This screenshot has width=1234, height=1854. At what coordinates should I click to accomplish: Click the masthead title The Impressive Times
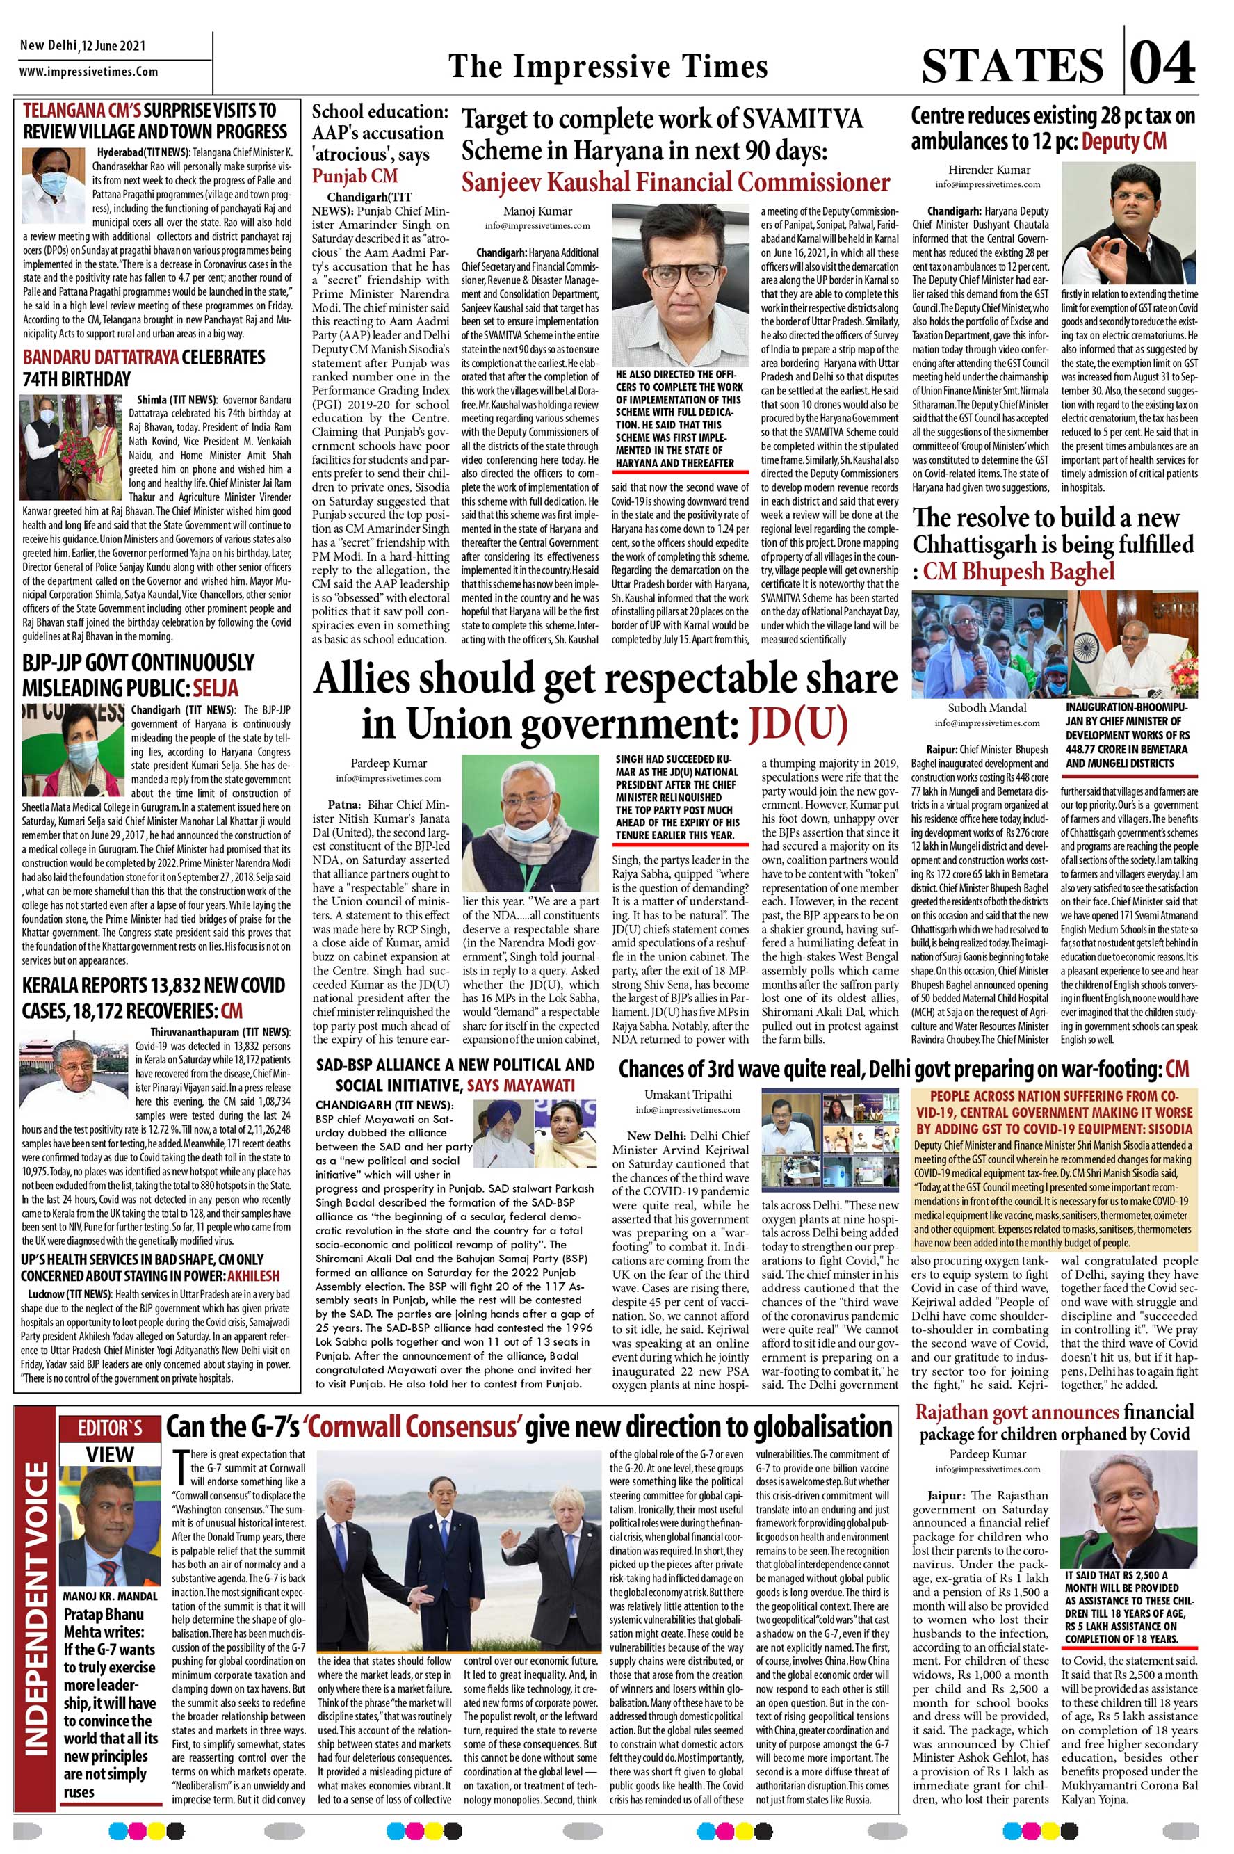click(608, 67)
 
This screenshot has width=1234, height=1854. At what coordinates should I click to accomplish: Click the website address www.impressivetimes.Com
click(89, 72)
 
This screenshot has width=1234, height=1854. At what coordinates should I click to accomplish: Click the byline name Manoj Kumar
click(537, 211)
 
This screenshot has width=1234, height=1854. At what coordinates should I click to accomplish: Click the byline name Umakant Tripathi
click(688, 1095)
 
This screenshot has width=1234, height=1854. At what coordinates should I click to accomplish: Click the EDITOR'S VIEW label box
click(109, 1442)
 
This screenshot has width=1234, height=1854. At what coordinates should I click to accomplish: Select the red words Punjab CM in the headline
click(355, 175)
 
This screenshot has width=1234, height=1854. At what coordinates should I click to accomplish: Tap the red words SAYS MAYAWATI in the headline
click(520, 1086)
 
